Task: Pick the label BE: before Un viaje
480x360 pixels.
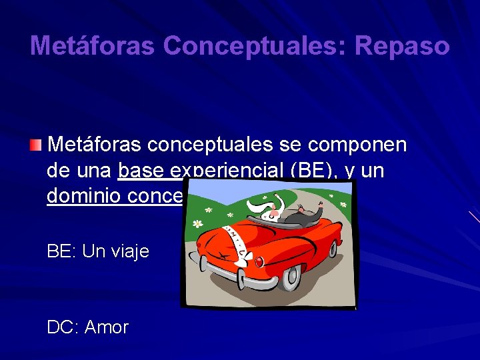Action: [x=61, y=251]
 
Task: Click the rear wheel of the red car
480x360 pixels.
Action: [x=291, y=278]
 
